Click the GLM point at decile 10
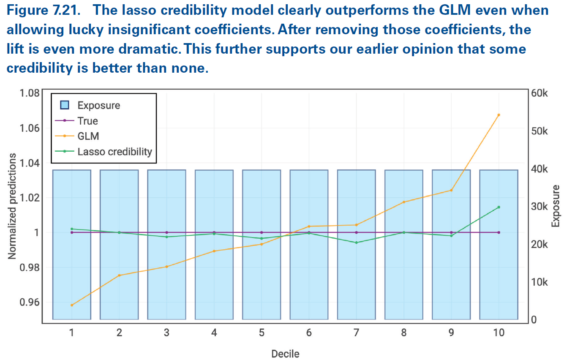coord(499,115)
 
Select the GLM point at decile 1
coord(72,305)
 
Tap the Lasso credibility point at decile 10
coord(499,207)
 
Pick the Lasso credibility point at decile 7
coord(357,243)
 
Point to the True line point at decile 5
coord(262,232)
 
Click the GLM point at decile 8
coord(404,202)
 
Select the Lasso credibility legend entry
coord(114,151)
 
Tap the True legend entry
coord(87,121)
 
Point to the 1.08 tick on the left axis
coord(30,93)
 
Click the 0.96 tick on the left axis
coord(30,302)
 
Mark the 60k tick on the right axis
coord(539,93)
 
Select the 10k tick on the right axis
coord(539,282)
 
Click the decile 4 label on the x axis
coord(214,333)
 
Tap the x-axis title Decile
coord(285,353)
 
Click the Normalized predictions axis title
coord(13,206)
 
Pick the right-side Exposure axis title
coord(556,206)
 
